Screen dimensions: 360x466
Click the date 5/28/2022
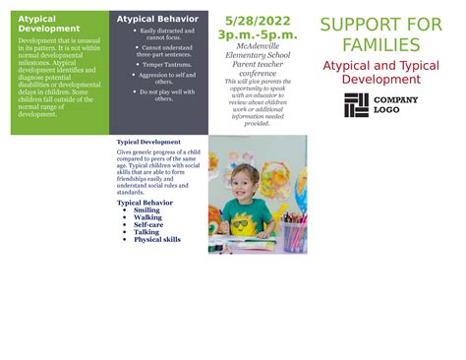[257, 20]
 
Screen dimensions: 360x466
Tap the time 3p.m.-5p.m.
[257, 34]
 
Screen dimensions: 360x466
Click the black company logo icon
[356, 105]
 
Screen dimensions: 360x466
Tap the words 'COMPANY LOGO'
[396, 105]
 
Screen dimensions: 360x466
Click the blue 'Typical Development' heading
[148, 143]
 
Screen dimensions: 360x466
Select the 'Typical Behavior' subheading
[145, 203]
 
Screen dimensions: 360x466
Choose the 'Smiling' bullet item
[146, 210]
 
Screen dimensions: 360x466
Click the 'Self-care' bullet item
[148, 225]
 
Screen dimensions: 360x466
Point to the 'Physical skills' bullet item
[157, 240]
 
